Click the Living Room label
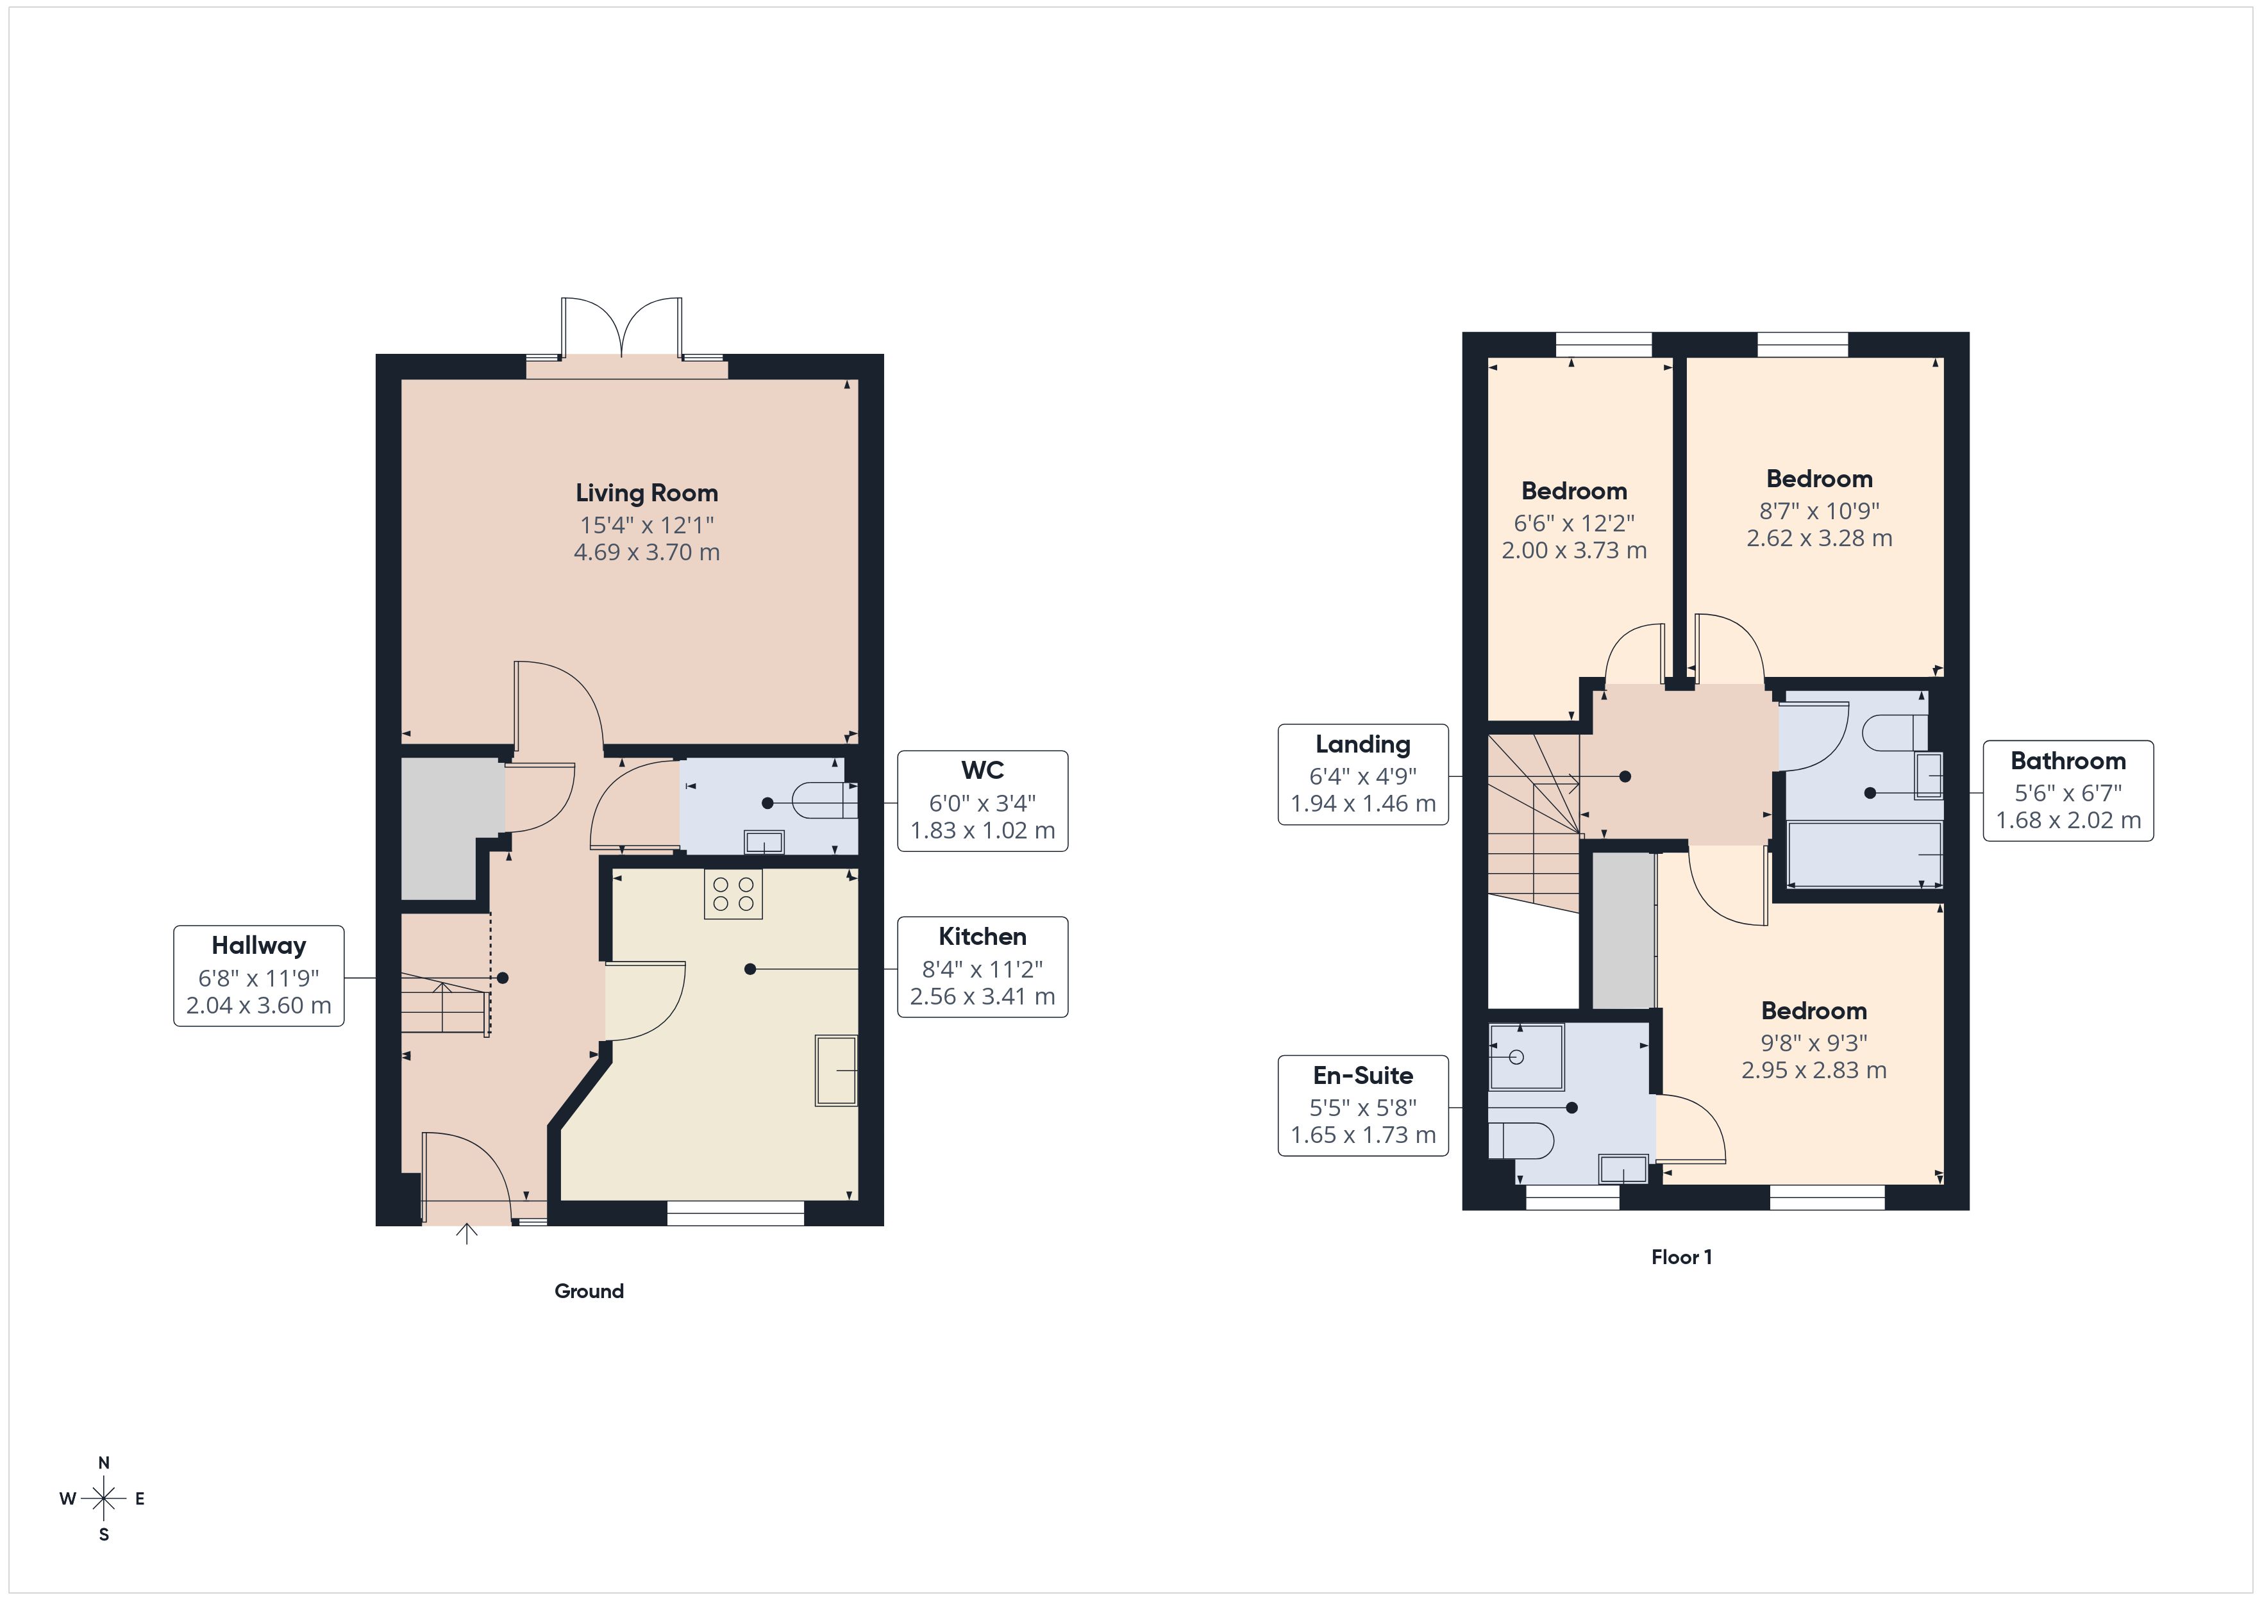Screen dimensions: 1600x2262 tap(646, 492)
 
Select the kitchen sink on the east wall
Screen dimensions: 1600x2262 tap(835, 1070)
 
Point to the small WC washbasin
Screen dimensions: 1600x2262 tap(764, 842)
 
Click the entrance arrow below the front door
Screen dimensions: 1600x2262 tap(467, 1233)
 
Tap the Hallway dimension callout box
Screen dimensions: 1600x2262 tap(259, 976)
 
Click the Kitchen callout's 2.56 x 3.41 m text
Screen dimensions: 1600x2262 tap(982, 997)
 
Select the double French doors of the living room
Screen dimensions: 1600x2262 tap(622, 330)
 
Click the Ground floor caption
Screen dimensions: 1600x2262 tap(589, 1290)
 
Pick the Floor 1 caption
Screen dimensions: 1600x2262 tap(1682, 1257)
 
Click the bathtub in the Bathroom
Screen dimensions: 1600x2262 tap(1864, 854)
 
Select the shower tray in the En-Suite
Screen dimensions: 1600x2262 tap(1526, 1057)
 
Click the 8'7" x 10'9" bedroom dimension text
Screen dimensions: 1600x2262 tap(1820, 510)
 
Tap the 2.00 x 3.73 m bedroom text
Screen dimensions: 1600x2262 tap(1573, 551)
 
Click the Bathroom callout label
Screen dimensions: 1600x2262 tap(2068, 761)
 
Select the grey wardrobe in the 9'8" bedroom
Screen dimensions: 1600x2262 tap(1623, 931)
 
